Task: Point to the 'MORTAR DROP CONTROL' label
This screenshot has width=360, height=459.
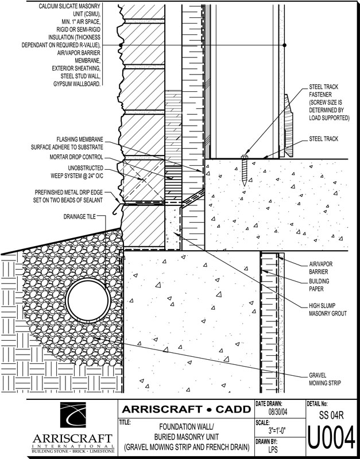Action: (x=75, y=156)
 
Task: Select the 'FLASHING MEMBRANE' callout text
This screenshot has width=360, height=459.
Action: (x=80, y=139)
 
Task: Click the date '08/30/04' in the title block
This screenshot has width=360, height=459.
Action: (x=277, y=411)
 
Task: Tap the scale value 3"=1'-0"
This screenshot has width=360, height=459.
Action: (x=277, y=430)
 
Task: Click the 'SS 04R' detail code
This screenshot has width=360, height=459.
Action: (x=331, y=414)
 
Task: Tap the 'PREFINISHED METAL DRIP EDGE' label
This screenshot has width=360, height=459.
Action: (x=67, y=193)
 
